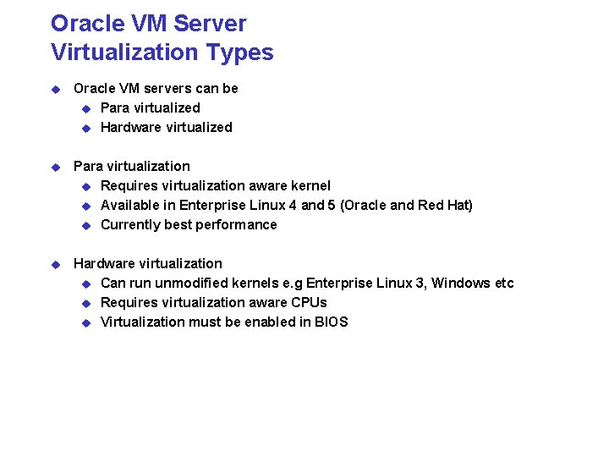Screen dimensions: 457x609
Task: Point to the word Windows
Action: click(462, 283)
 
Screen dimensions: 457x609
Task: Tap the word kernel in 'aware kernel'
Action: click(310, 185)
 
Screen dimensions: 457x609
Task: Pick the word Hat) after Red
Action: click(458, 205)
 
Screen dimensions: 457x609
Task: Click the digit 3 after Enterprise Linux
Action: click(420, 283)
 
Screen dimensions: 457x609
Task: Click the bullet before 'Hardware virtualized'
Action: click(85, 128)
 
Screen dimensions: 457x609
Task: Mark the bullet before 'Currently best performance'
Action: click(85, 225)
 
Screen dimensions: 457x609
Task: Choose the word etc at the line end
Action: click(503, 283)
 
